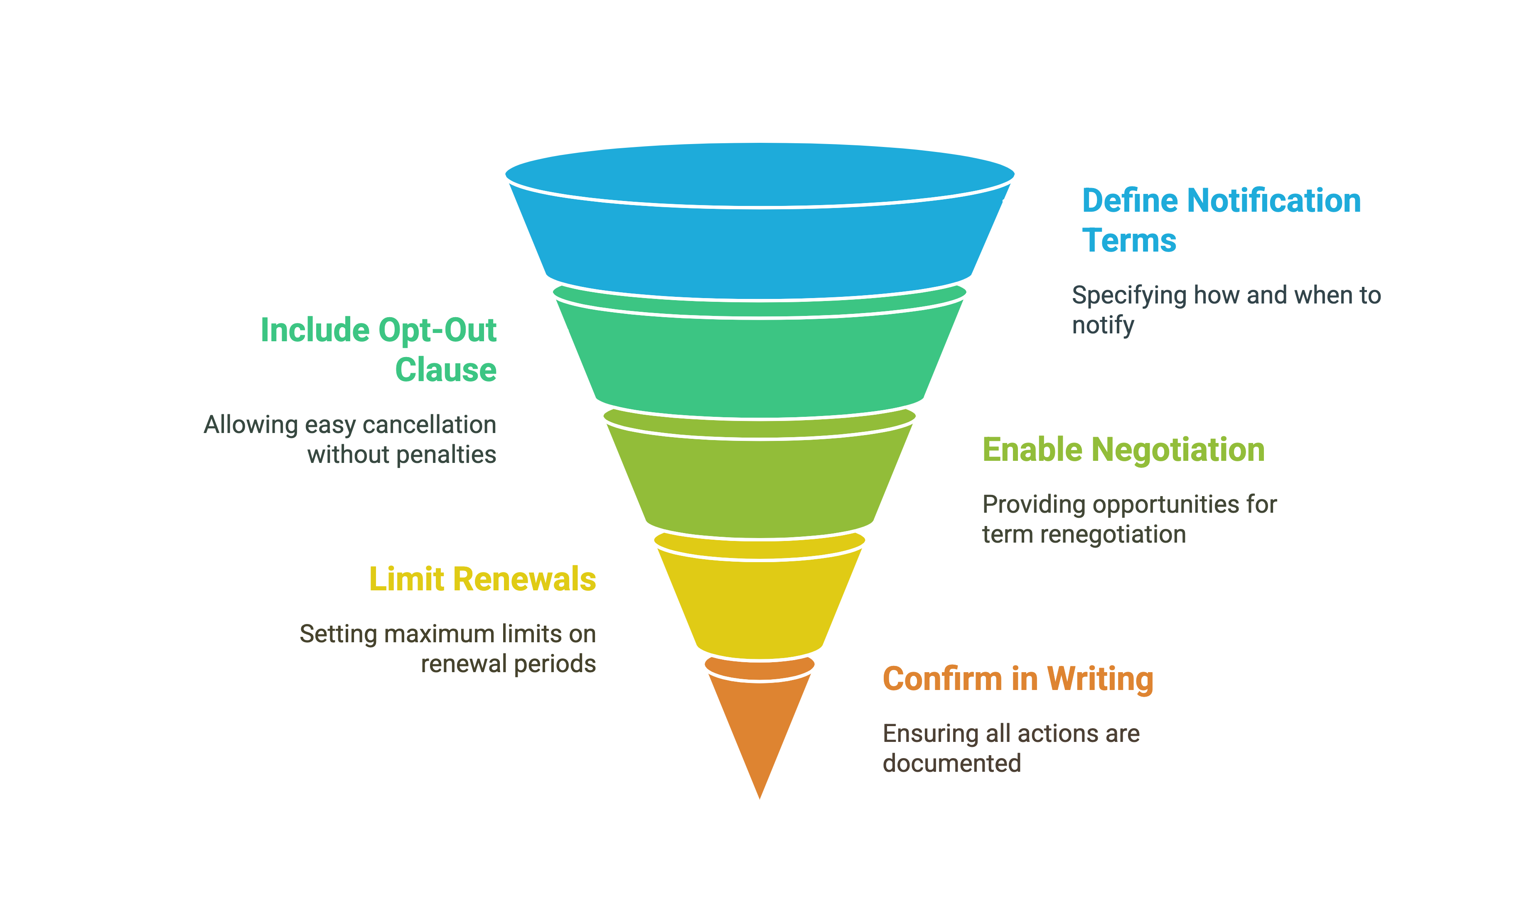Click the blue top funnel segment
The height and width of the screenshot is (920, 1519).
tap(759, 222)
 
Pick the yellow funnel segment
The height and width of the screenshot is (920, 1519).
tap(759, 598)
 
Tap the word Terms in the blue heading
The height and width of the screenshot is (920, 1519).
tap(1129, 240)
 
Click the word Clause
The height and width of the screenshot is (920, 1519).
tap(446, 370)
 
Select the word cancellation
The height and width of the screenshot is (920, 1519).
tap(430, 425)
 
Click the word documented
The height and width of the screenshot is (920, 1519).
tap(952, 763)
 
